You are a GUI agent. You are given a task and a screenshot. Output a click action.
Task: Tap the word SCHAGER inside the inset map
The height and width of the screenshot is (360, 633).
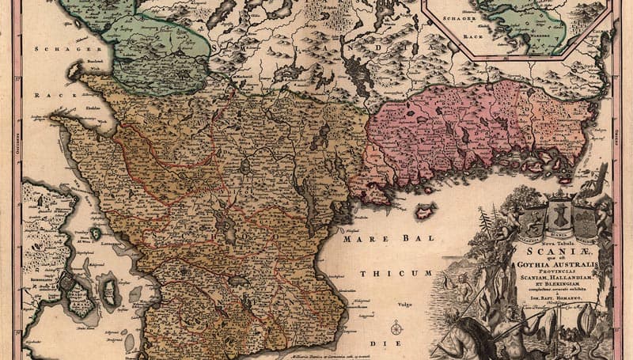pyautogui.click(x=458, y=17)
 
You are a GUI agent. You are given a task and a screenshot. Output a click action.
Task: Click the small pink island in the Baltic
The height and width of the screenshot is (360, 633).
pyautogui.click(x=426, y=211)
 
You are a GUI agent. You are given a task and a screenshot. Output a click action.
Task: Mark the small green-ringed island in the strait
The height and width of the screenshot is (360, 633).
pyautogui.click(x=96, y=233)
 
